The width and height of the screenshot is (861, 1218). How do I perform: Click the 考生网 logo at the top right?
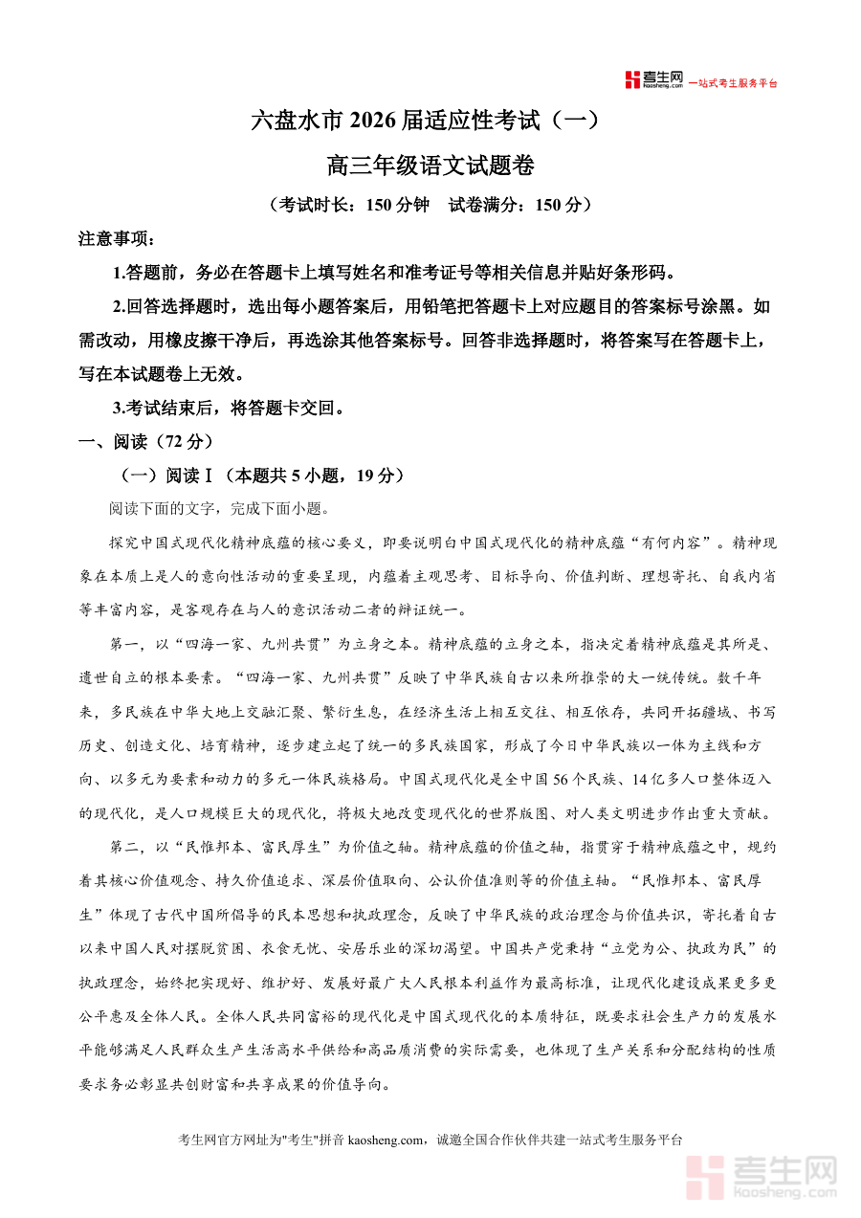pos(654,80)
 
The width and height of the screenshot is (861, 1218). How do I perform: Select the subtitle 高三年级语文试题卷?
pos(430,166)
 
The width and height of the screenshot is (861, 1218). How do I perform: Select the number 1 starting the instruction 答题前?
pos(118,273)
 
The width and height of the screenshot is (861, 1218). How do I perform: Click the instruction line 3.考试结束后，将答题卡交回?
pos(229,409)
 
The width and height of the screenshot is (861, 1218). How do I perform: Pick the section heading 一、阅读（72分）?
pos(145,442)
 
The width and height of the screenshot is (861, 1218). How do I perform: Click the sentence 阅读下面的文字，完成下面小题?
pos(219,508)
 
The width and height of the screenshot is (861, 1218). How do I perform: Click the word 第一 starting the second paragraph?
pos(126,643)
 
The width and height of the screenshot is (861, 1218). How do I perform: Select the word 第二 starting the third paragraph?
pos(126,847)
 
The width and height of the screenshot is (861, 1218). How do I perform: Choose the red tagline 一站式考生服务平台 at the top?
pos(733,83)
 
